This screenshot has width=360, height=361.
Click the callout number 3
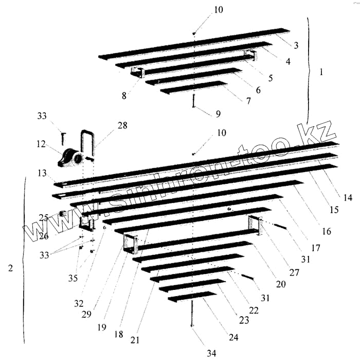(297, 45)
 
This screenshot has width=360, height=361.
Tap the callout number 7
(248, 101)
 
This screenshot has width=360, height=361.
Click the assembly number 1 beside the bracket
(321, 72)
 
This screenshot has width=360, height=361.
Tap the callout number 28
(122, 125)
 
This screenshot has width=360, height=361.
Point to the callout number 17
(316, 247)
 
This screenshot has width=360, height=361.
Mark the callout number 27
(293, 272)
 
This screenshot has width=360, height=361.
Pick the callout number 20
(281, 284)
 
